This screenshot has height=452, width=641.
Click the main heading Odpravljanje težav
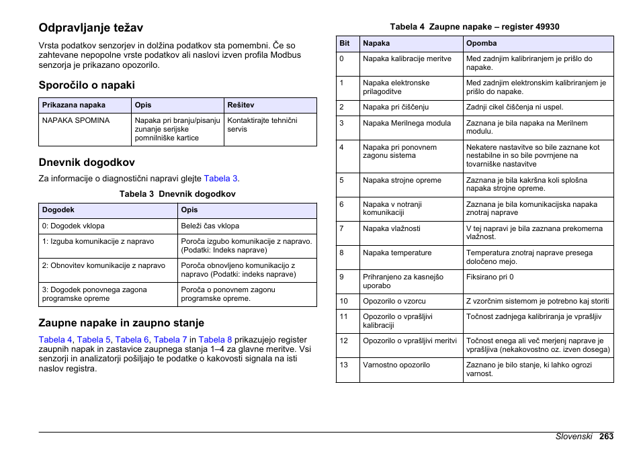pyautogui.click(x=91, y=28)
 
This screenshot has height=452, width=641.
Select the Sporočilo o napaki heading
pyautogui.click(x=87, y=85)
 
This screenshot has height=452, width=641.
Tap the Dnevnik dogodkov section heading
pyautogui.click(x=87, y=162)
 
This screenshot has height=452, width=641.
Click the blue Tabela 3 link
pyautogui.click(x=220, y=179)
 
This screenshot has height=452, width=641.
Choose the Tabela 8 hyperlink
pyautogui.click(x=215, y=340)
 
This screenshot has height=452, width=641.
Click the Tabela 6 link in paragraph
pyautogui.click(x=132, y=340)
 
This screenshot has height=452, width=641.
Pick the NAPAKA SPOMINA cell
pyautogui.click(x=75, y=121)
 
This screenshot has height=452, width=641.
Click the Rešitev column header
pyautogui.click(x=241, y=105)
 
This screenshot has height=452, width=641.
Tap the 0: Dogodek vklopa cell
pyautogui.click(x=73, y=226)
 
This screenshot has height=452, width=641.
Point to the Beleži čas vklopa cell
pyautogui.click(x=210, y=226)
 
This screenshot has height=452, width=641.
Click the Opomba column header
pyautogui.click(x=481, y=44)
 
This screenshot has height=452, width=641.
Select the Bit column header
pyautogui.click(x=345, y=44)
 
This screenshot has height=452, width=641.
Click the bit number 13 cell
pyautogui.click(x=344, y=365)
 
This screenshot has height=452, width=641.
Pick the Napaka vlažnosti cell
pyautogui.click(x=391, y=229)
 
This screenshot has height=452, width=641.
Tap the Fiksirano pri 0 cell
pyautogui.click(x=490, y=277)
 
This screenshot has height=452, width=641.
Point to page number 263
pyautogui.click(x=606, y=437)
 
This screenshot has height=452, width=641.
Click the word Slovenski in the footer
pyautogui.click(x=573, y=437)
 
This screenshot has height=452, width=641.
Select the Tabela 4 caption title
pyautogui.click(x=474, y=27)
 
